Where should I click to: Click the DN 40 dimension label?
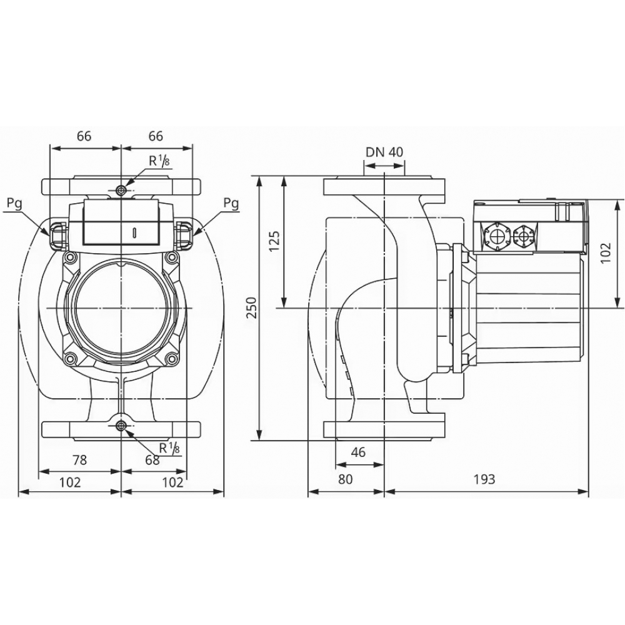pyautogui.click(x=384, y=152)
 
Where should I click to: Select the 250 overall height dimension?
pyautogui.click(x=251, y=307)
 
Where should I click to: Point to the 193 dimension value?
pyautogui.click(x=484, y=479)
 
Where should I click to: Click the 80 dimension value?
pyautogui.click(x=346, y=479)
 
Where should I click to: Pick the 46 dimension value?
pyautogui.click(x=358, y=452)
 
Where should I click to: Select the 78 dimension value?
pyautogui.click(x=79, y=461)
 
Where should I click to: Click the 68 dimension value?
pyautogui.click(x=152, y=461)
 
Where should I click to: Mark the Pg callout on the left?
pyautogui.click(x=16, y=202)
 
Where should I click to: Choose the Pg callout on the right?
pyautogui.click(x=231, y=202)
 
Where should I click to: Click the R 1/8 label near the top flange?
pyautogui.click(x=157, y=160)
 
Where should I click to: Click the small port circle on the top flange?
pyautogui.click(x=121, y=189)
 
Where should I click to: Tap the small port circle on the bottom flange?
pyautogui.click(x=121, y=427)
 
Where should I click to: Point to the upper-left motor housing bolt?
pyautogui.click(x=71, y=257)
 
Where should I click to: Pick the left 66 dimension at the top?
pyautogui.click(x=84, y=136)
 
